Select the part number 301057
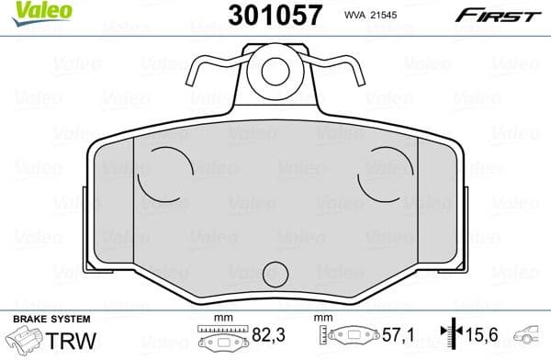(x=272, y=16)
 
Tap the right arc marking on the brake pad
(x=378, y=172)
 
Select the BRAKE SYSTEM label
(x=43, y=319)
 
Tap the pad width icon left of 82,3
(x=220, y=338)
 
